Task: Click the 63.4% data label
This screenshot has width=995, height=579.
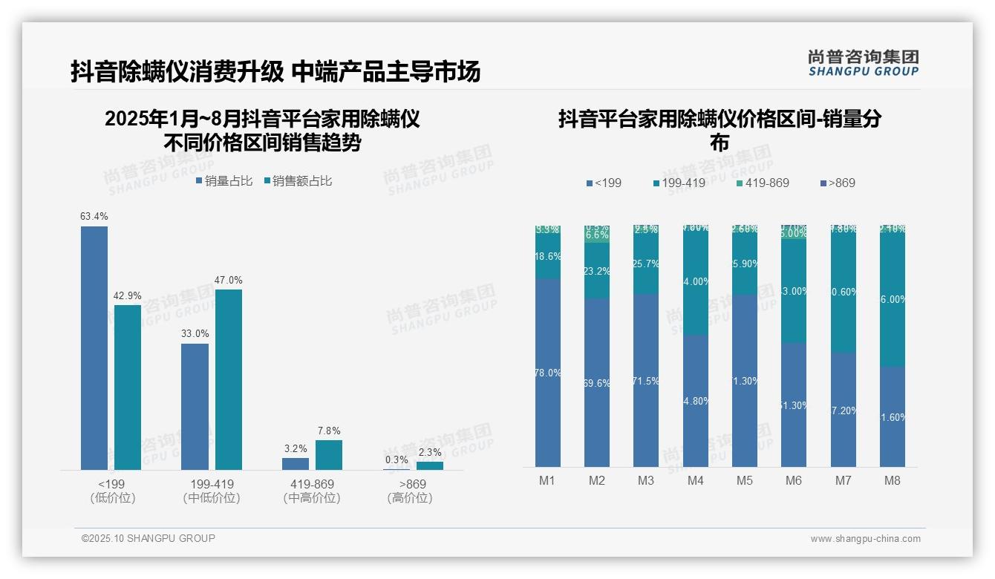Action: [x=94, y=217]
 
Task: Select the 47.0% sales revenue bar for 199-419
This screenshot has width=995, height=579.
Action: [x=229, y=379]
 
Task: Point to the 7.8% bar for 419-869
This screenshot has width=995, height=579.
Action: [x=329, y=455]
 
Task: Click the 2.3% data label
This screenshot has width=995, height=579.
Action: [x=429, y=452]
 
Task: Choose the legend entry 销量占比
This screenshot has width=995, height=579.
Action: [x=224, y=181]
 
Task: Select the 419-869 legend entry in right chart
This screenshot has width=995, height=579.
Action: [x=763, y=183]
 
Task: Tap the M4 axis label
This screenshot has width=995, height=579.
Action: [x=695, y=480]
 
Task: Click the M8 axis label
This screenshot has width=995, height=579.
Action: [x=893, y=480]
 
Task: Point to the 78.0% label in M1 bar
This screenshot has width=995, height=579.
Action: [x=548, y=373]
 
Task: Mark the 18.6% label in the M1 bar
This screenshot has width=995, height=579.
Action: [x=548, y=256]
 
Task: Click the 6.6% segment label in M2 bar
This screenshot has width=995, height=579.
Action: [x=597, y=235]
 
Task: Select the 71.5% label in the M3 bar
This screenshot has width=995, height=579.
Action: [x=646, y=381]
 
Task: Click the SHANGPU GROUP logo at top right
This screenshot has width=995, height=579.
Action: [x=864, y=63]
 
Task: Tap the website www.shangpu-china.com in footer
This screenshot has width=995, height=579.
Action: [x=865, y=539]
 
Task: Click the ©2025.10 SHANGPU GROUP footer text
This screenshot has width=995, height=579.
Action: [x=149, y=538]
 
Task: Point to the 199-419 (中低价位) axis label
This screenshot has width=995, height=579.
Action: [x=212, y=491]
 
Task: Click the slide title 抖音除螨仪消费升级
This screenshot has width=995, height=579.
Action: [x=177, y=71]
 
